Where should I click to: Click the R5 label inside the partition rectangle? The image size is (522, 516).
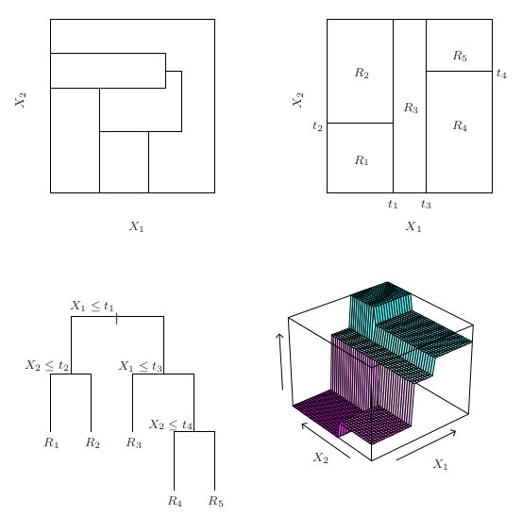(x=460, y=56)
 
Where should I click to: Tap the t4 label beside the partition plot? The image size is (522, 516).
(x=501, y=74)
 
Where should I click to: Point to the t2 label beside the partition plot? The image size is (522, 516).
(x=317, y=126)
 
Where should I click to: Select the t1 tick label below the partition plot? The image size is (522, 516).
(x=393, y=204)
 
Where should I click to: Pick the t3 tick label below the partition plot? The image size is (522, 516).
(x=426, y=204)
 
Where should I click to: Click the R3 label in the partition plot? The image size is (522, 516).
(x=411, y=108)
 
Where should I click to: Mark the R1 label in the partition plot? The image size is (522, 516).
(x=362, y=160)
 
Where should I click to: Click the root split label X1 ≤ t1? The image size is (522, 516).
(x=93, y=306)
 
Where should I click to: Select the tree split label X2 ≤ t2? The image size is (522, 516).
(x=47, y=365)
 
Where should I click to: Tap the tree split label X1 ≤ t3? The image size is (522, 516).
(x=141, y=366)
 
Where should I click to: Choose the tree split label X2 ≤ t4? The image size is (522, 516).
(x=171, y=424)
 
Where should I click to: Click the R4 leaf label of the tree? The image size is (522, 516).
(x=175, y=501)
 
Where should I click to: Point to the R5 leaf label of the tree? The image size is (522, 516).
(x=216, y=501)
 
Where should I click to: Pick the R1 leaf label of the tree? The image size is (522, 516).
(x=52, y=442)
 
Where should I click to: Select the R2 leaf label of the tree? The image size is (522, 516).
(x=93, y=442)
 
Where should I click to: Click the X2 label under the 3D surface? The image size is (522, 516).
(x=321, y=458)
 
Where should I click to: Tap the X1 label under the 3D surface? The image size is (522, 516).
(x=440, y=464)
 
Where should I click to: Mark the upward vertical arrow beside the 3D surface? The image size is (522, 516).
(x=280, y=361)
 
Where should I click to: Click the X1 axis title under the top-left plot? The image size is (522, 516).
(x=137, y=226)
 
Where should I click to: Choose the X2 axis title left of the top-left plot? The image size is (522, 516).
(x=21, y=100)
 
